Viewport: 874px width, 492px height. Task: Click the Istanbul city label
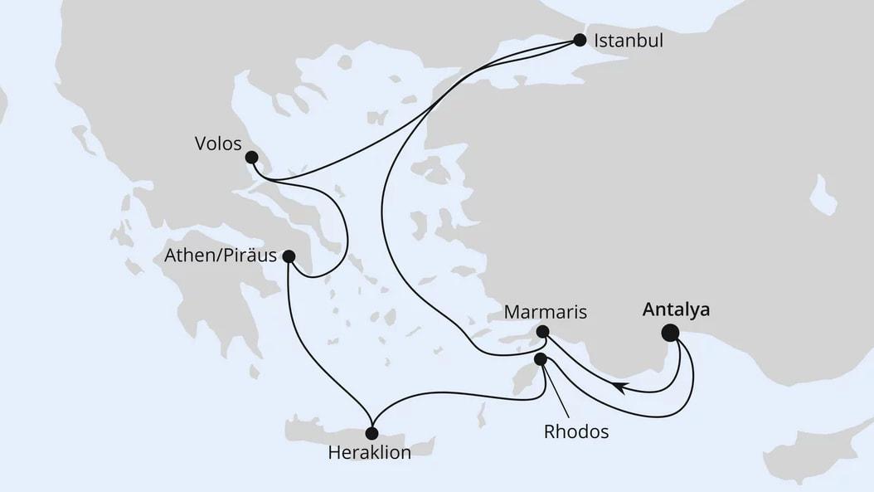click(x=628, y=40)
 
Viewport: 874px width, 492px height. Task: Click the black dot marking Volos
click(x=251, y=156)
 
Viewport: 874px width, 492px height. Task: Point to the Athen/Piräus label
click(x=219, y=256)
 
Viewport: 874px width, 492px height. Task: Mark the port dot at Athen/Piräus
click(x=289, y=256)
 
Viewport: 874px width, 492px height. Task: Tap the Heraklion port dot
click(x=371, y=433)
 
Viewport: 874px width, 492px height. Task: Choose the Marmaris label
click(x=546, y=313)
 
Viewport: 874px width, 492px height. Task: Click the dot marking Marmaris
click(x=541, y=332)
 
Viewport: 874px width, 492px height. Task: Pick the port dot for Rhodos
click(x=541, y=359)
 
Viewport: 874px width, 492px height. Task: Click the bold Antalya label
click(x=676, y=310)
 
